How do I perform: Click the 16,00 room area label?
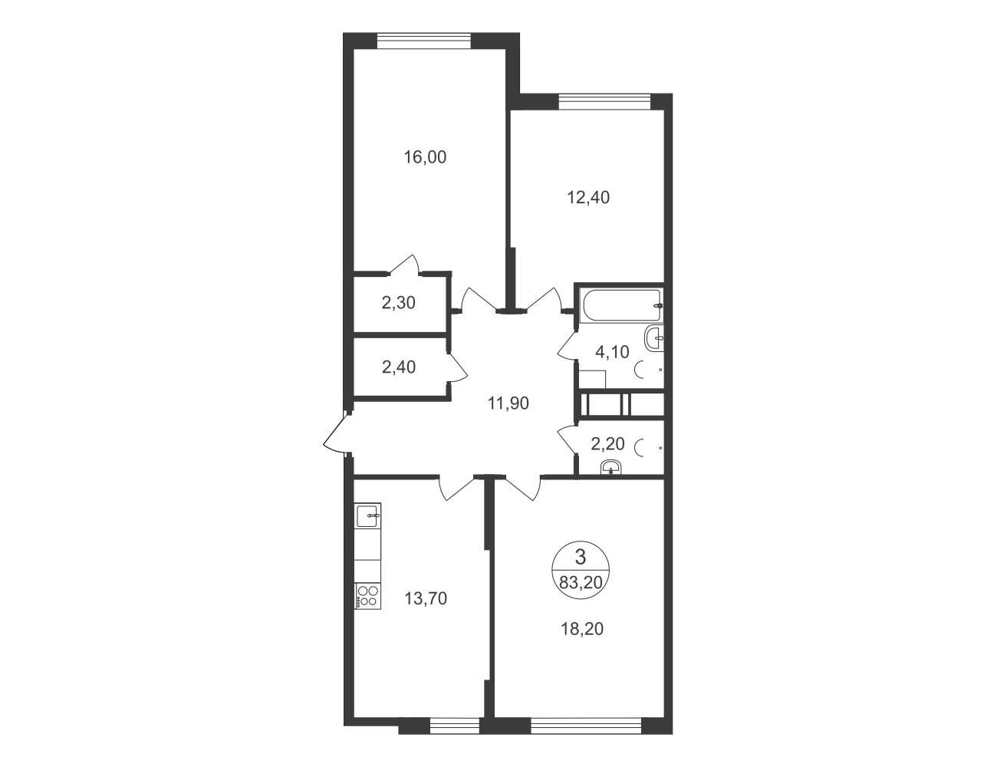click(425, 157)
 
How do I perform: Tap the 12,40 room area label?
click(588, 198)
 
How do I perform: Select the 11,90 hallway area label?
click(508, 403)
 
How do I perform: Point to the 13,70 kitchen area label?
click(426, 599)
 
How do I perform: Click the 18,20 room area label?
click(582, 629)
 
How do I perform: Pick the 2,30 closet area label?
click(398, 303)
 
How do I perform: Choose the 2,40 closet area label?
click(398, 367)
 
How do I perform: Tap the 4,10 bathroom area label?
click(612, 352)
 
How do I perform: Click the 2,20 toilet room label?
click(608, 443)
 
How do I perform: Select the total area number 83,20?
click(581, 583)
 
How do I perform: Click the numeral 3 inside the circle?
click(581, 558)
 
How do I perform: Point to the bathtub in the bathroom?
click(621, 305)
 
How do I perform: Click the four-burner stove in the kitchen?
click(367, 597)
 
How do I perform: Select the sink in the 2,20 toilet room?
click(610, 469)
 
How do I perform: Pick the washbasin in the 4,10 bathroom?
click(654, 339)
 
